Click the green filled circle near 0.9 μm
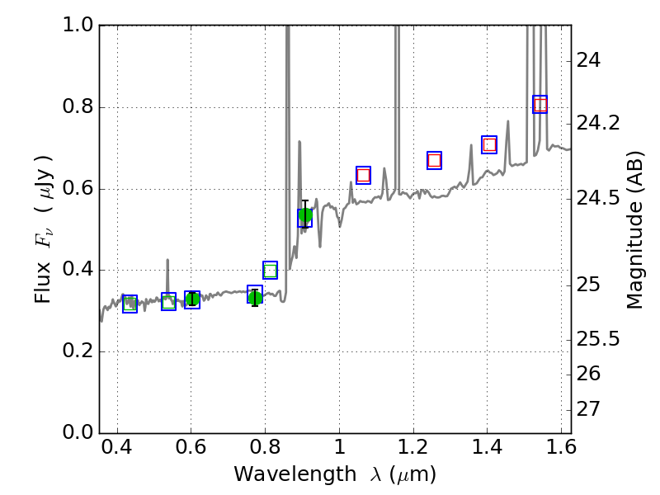point(305,217)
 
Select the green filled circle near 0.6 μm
point(192,299)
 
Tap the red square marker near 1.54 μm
point(540,104)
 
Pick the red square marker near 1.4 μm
point(489,144)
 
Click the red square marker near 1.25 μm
point(434,160)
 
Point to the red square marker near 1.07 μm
point(363,175)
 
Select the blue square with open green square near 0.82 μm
point(270,270)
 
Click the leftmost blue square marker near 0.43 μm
point(130,304)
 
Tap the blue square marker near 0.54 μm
point(168,302)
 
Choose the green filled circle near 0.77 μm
point(255,297)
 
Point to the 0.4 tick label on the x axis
point(117,452)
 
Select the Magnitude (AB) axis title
point(634,229)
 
